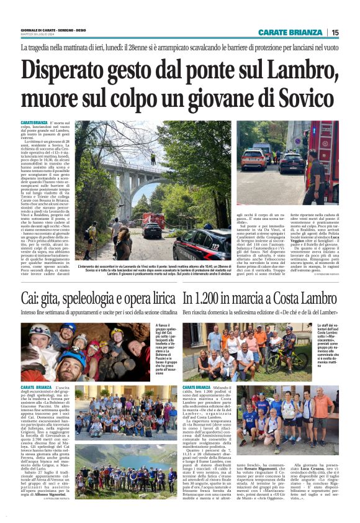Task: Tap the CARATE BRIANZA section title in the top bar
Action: coord(290,32)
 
